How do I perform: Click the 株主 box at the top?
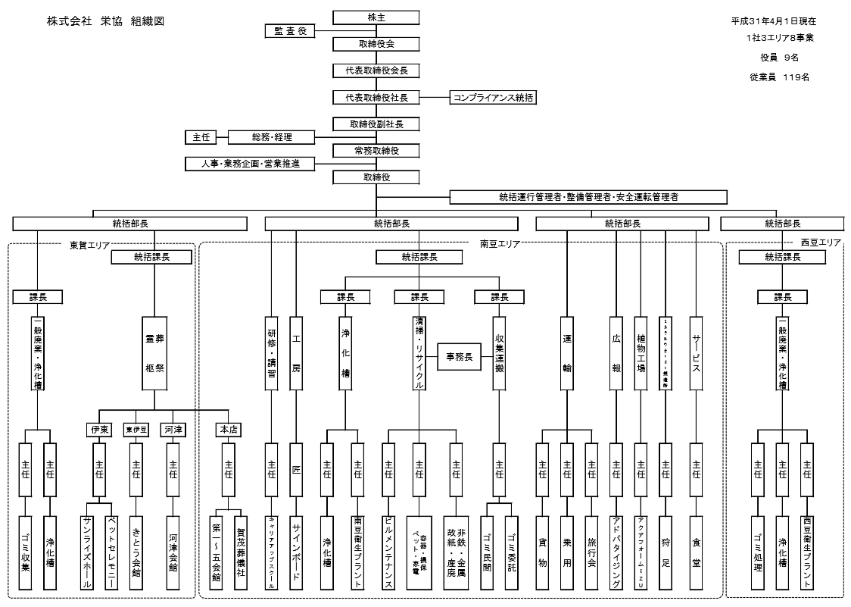point(376,17)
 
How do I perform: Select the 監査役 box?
point(288,30)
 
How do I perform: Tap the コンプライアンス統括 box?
point(493,97)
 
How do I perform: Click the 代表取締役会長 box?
point(376,70)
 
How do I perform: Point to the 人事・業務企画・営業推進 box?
point(249,163)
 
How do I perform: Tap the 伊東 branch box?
point(99,430)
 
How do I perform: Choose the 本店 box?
point(228,430)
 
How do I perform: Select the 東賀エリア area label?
point(89,244)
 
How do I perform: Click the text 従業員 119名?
point(779,77)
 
